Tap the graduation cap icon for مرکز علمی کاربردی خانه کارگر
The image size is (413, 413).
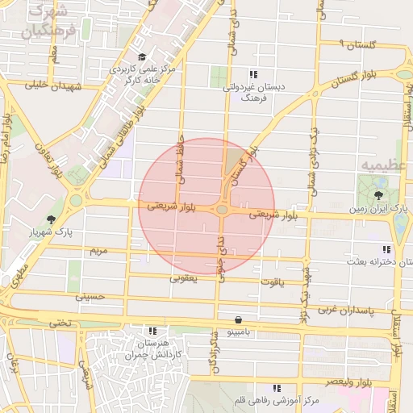(x=143, y=57)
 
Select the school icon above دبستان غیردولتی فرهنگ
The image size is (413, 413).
(x=254, y=74)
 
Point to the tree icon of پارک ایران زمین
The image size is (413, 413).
(x=379, y=195)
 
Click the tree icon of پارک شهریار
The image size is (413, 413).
(x=52, y=219)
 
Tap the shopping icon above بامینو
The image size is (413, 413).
(x=237, y=319)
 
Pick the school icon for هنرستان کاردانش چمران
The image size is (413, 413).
(x=152, y=331)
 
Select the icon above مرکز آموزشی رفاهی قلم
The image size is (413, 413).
(x=277, y=388)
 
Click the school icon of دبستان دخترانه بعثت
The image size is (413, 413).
(x=386, y=249)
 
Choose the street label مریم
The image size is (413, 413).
(x=98, y=252)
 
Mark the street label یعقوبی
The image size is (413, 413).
(x=183, y=278)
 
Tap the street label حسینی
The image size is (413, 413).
(x=90, y=296)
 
